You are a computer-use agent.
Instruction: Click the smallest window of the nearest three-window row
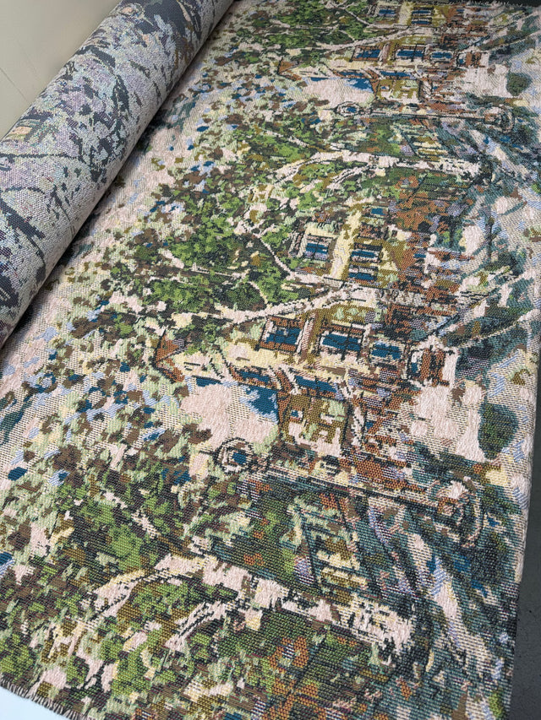tap(386, 350)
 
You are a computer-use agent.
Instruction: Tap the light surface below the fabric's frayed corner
tap(17, 714)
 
